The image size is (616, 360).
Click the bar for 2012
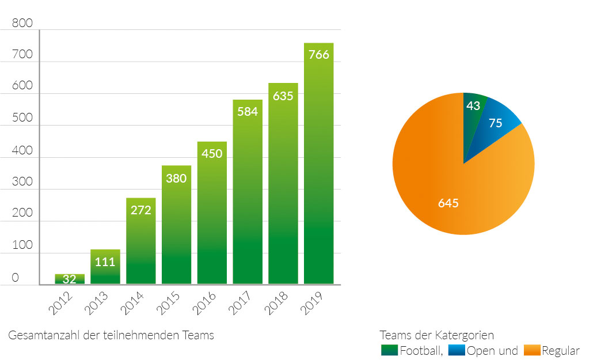point(70,279)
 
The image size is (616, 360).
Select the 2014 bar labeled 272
point(141,242)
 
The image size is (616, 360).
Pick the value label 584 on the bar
point(248,112)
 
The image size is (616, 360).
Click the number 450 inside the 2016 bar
point(212,154)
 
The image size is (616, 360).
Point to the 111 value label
point(105,262)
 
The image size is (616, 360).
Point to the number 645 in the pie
point(448,203)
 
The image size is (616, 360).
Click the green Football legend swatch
point(389,351)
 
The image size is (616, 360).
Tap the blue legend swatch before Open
point(456,351)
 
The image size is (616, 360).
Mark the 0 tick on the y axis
point(16,278)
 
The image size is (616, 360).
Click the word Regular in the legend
point(561,351)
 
